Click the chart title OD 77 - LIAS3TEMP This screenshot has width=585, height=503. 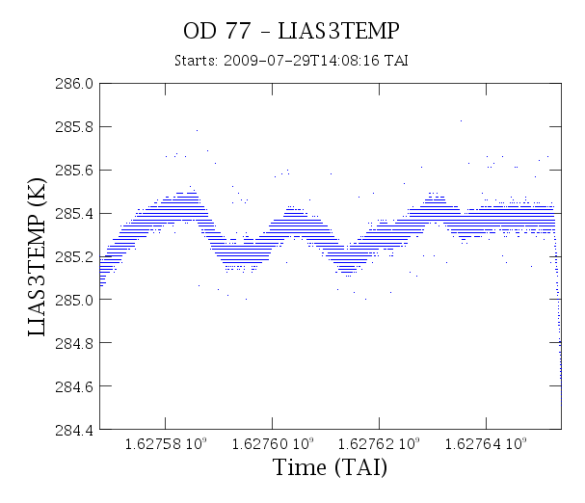point(291,31)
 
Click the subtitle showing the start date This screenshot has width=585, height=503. point(291,61)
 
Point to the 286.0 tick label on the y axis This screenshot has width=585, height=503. point(74,84)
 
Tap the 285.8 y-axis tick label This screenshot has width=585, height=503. point(74,127)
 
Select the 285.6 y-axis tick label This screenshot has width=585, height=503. point(74,171)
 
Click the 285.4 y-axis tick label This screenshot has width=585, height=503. point(74,214)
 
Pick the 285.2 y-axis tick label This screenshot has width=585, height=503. point(74,256)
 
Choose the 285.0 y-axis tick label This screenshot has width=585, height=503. point(74,300)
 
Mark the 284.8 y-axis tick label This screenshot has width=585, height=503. point(74,343)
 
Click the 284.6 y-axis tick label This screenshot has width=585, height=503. point(74,386)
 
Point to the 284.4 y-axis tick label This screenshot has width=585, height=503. point(74,430)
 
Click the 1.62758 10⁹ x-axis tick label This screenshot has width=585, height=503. point(165,443)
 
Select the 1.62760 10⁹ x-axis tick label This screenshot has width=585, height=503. point(273,443)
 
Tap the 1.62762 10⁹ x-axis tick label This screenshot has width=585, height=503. point(379,443)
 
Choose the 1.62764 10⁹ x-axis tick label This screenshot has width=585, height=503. point(486,443)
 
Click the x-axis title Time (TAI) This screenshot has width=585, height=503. point(331,467)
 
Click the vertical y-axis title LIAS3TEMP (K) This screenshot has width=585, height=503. point(37,257)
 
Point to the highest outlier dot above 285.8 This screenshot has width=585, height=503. point(461,120)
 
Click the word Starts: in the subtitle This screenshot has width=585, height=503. point(196,61)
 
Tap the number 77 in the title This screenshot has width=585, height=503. point(238,31)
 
